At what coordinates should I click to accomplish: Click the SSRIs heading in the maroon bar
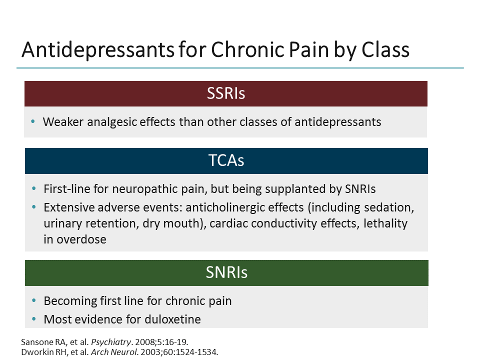pyautogui.click(x=226, y=93)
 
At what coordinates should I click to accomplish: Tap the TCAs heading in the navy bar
pyautogui.click(x=226, y=161)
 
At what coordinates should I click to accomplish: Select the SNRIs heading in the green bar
pyautogui.click(x=226, y=273)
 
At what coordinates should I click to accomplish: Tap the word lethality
pyautogui.click(x=385, y=223)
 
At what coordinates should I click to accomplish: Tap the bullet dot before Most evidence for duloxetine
pyautogui.click(x=33, y=318)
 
